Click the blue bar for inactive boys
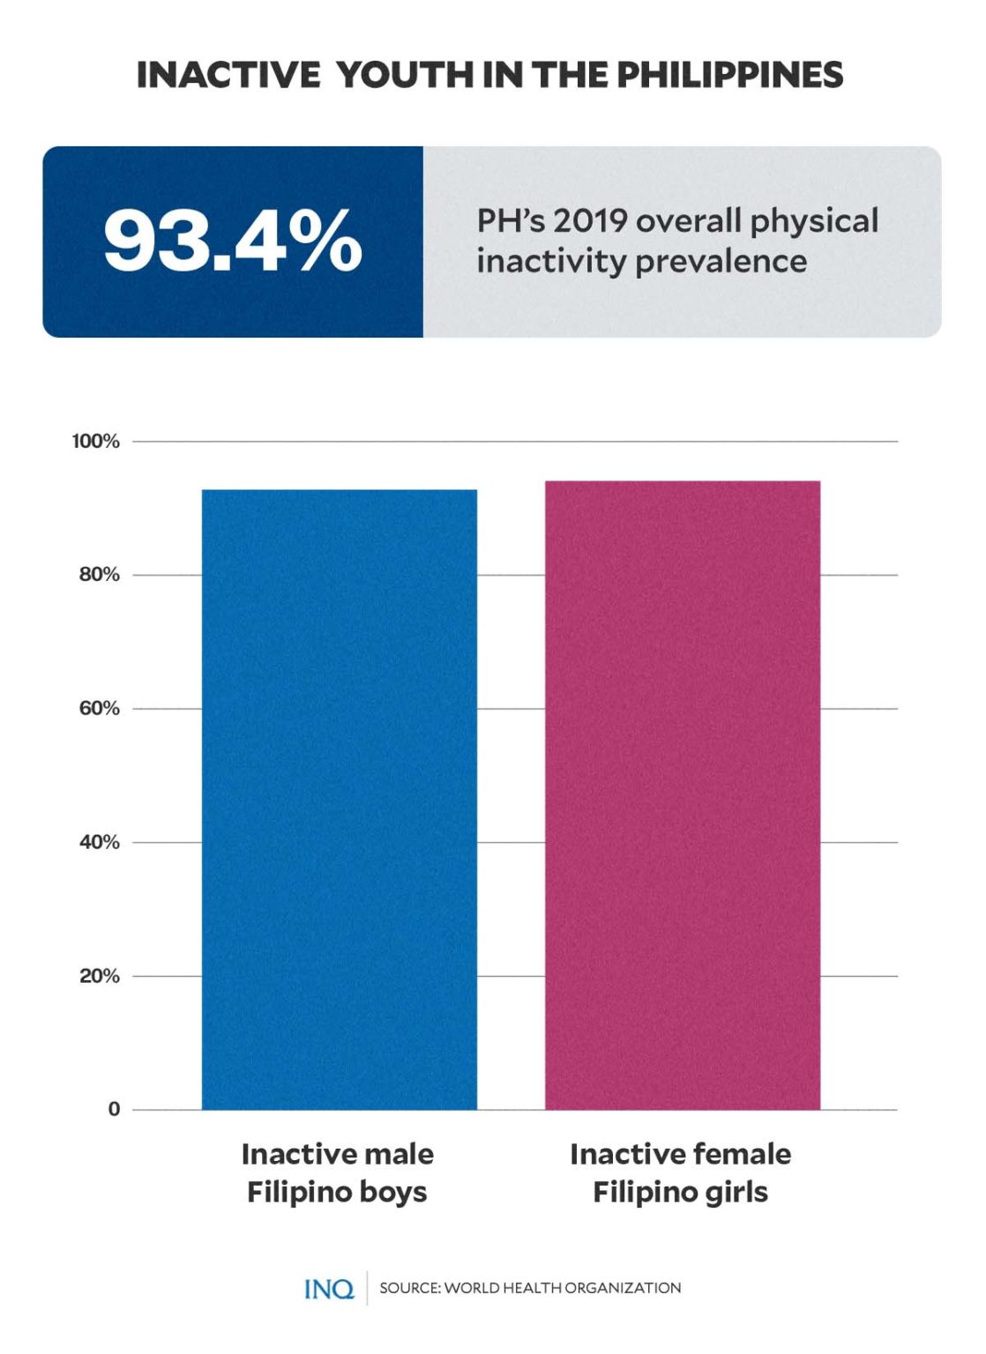click(340, 799)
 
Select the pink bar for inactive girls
click(683, 794)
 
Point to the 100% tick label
click(96, 442)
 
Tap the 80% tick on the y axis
click(99, 575)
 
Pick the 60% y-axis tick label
click(99, 709)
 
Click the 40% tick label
click(99, 843)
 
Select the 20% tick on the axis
click(99, 976)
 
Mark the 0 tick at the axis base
click(114, 1110)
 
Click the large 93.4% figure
click(233, 241)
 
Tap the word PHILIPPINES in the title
click(729, 75)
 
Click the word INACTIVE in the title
click(228, 75)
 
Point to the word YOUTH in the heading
click(406, 75)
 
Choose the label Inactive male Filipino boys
click(338, 1172)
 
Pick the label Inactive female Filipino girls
click(681, 1172)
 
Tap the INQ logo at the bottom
click(329, 1289)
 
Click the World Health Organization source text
click(530, 1288)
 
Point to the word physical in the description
click(814, 221)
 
